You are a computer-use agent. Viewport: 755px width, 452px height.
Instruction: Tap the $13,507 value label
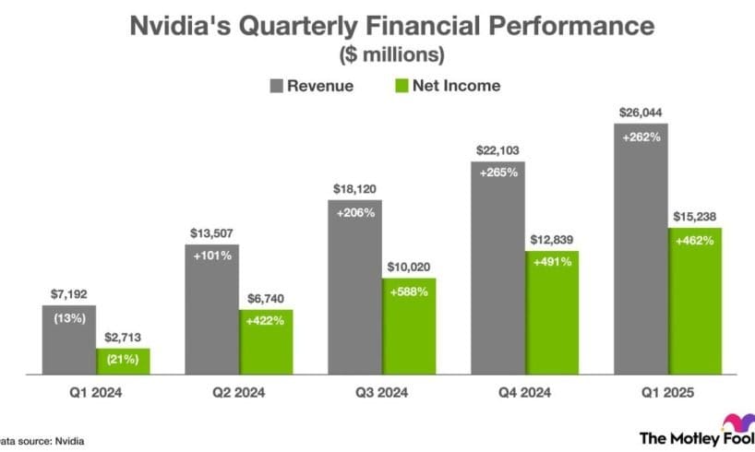tap(212, 232)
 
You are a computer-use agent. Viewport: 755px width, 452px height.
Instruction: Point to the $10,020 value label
tap(409, 266)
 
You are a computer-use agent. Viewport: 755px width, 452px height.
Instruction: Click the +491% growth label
tap(553, 261)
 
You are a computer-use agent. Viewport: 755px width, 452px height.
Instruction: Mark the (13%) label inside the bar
tap(68, 319)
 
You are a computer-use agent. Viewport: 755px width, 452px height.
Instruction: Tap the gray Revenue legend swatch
tap(277, 86)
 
